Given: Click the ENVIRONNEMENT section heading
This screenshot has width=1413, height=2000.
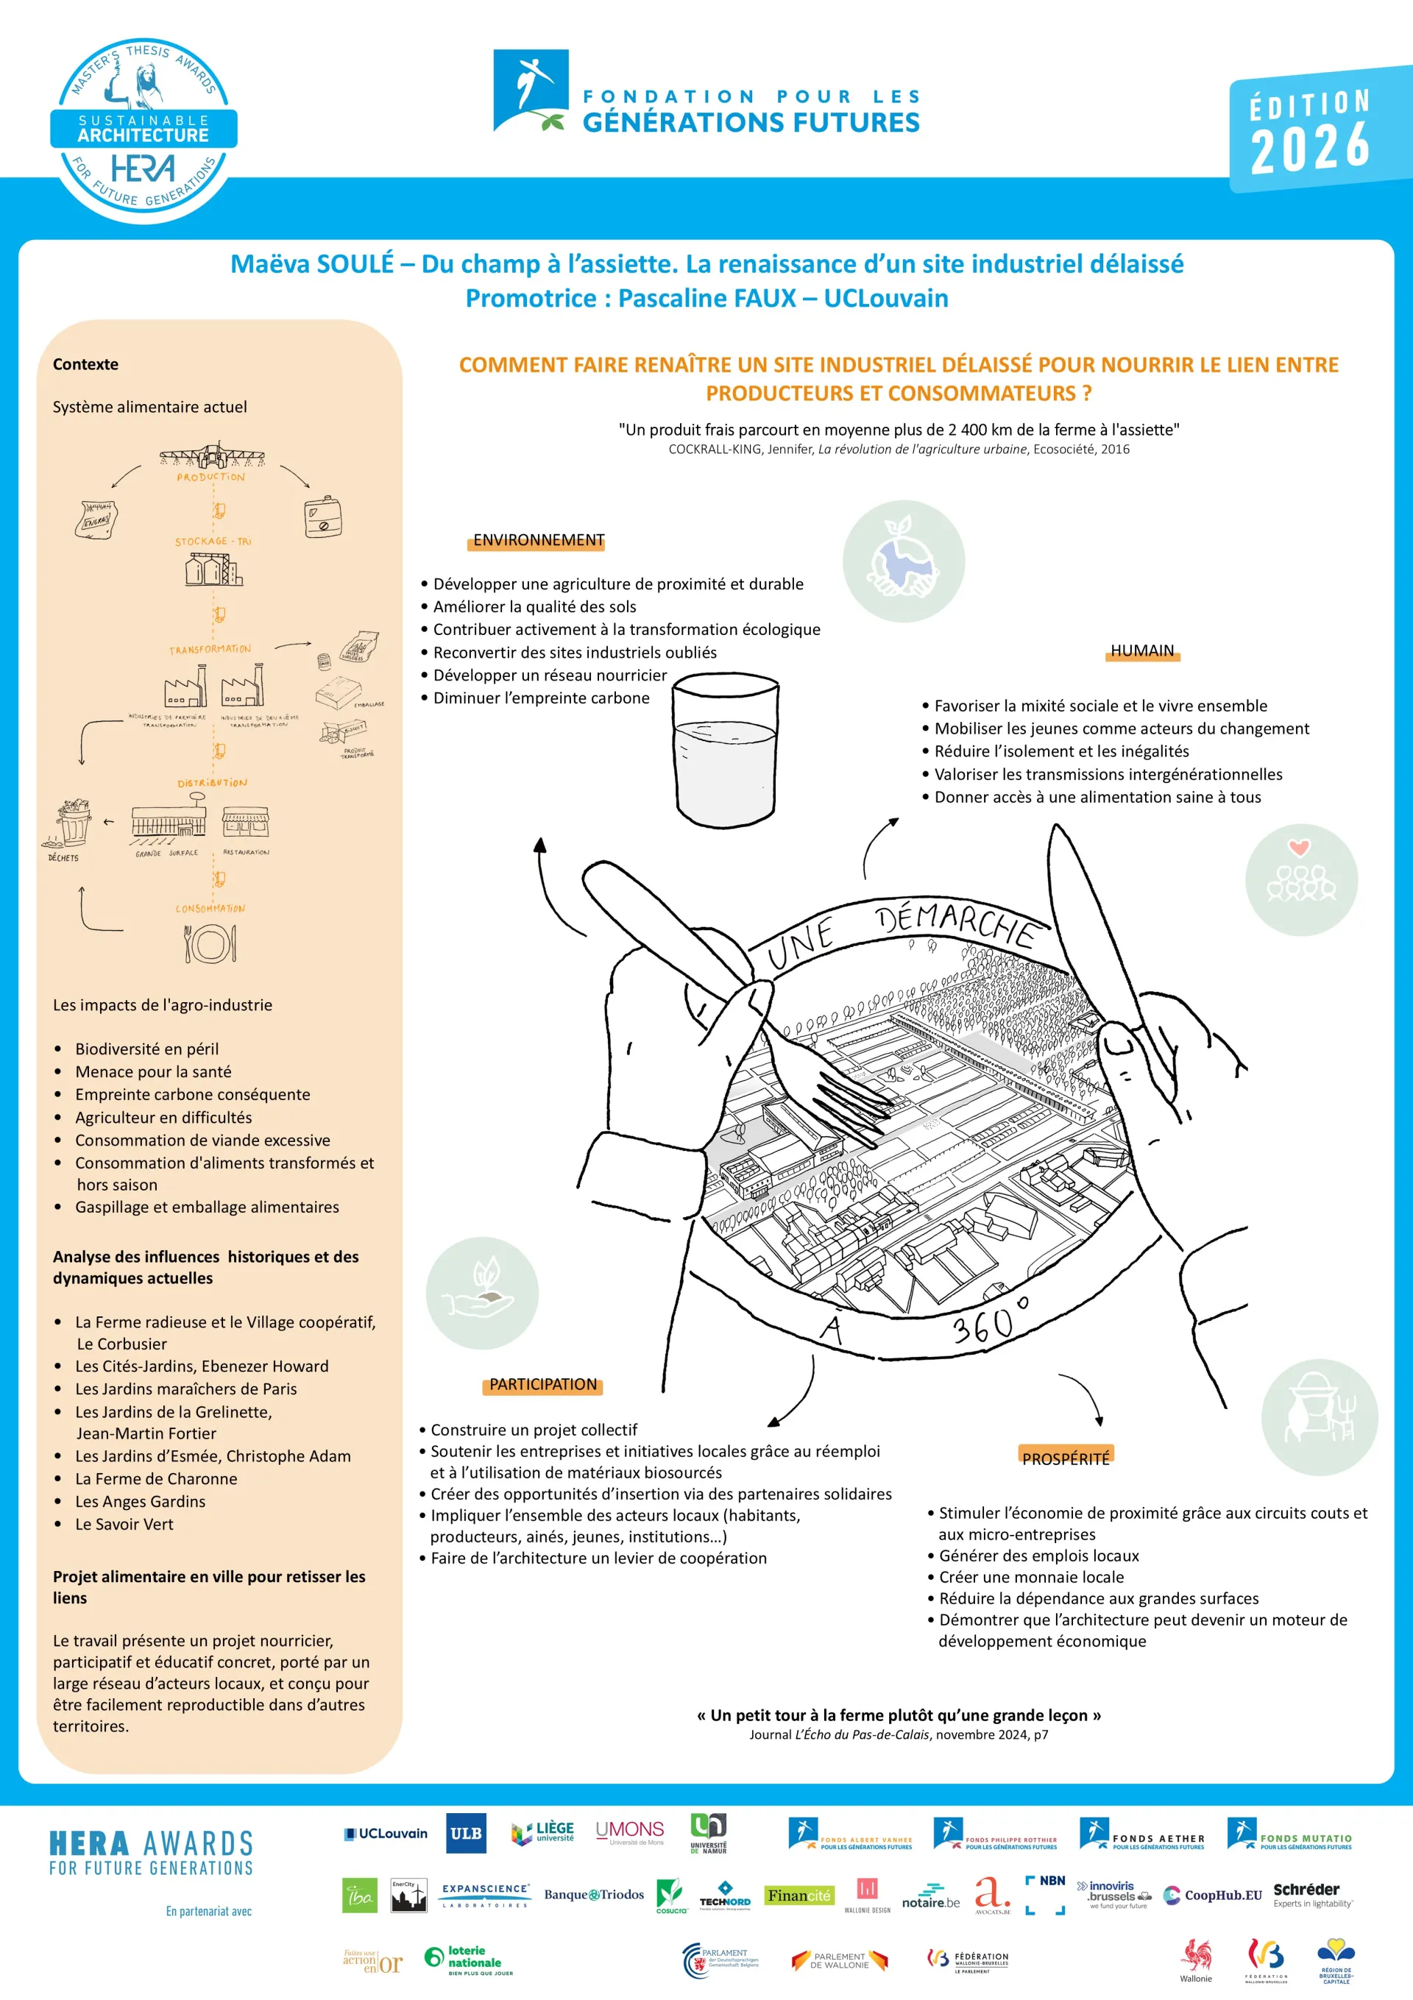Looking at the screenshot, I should point(539,540).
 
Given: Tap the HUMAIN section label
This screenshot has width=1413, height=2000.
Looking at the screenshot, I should point(1141,650).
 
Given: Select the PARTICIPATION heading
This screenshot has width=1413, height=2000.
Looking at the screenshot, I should point(542,1384).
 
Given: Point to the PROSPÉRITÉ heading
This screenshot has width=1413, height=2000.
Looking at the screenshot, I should point(1066,1458).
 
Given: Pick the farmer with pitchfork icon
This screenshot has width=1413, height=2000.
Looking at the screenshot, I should point(1319,1417).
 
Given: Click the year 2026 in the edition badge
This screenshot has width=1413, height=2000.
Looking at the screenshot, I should point(1309,147).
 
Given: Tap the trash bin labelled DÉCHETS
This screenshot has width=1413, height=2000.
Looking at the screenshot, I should point(73,823).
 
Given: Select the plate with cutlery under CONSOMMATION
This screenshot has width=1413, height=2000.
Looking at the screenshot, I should point(210,943).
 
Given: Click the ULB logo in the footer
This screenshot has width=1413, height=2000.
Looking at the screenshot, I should point(466,1833).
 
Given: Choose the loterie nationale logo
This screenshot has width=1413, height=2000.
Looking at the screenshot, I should point(469,1960).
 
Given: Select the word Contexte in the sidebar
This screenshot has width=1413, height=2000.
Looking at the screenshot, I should point(85,364).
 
